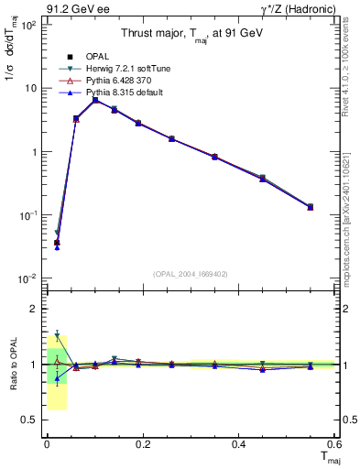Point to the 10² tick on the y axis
coord(29,25)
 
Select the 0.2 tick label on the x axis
coord(143,444)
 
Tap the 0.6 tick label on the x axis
coord(334,444)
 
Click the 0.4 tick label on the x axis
coord(239,444)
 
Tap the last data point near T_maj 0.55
coord(310,207)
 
